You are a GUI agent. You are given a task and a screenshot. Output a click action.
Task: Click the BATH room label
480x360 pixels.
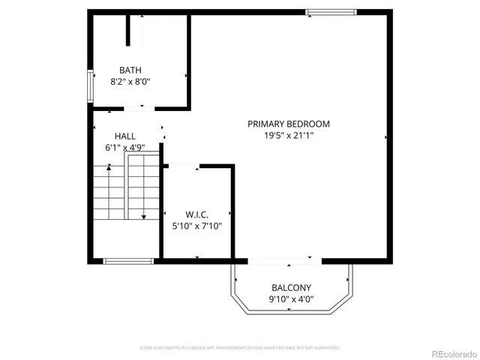point(130,70)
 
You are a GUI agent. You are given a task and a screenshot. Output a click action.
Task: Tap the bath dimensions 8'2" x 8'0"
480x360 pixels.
point(130,82)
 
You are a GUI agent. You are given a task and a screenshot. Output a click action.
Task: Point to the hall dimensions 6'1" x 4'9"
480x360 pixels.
point(125,148)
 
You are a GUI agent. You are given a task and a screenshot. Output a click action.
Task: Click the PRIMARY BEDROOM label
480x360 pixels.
point(289,124)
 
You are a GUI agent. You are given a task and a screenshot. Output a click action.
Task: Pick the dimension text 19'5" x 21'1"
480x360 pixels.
point(289,136)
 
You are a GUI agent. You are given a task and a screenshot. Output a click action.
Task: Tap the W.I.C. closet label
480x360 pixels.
point(197,214)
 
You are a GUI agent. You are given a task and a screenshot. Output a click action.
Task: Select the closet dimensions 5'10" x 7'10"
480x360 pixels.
point(198,226)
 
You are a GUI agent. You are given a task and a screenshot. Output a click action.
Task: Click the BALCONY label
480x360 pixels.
point(291,288)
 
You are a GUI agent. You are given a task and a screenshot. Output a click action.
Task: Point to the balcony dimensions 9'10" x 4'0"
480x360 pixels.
point(291,300)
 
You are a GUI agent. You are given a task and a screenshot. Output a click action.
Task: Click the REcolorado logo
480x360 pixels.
point(447,353)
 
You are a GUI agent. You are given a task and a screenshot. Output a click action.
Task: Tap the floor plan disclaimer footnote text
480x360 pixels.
point(240,348)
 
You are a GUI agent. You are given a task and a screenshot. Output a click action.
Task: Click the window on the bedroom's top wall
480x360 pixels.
point(331,11)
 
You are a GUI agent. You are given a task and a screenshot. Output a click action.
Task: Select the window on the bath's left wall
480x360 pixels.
point(90,86)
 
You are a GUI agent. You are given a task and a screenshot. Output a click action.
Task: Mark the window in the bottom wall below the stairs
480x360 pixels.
point(127,261)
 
